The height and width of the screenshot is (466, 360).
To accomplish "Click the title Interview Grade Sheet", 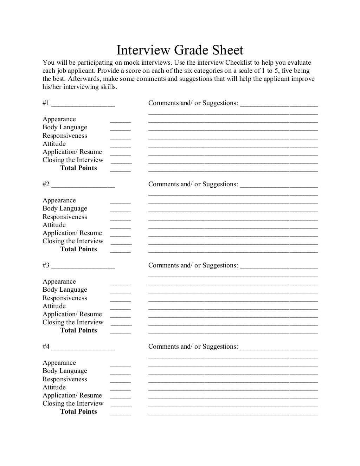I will [x=180, y=50].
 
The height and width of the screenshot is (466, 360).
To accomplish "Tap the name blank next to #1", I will [x=83, y=104].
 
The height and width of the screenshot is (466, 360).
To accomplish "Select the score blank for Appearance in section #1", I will [x=120, y=120].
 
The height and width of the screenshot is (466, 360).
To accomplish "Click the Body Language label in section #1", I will [x=65, y=128].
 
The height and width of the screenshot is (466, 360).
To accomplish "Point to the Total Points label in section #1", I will [x=78, y=168].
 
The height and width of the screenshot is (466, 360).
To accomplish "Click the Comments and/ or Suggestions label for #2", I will [x=193, y=184].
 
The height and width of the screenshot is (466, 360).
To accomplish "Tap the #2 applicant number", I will [x=46, y=185].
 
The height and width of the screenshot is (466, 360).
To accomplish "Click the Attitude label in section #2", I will [x=54, y=225].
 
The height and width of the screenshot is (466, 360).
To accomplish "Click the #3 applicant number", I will [x=46, y=266].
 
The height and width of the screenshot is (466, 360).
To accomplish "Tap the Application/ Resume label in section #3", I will [x=72, y=314].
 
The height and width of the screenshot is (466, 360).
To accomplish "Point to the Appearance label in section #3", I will [x=59, y=281].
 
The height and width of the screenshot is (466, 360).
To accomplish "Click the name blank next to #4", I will [x=83, y=348].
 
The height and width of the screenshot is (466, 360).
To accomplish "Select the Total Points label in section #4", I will [x=78, y=412].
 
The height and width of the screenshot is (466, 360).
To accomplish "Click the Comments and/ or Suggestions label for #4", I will [x=193, y=347].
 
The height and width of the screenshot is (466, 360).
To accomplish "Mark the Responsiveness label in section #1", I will [x=65, y=136].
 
